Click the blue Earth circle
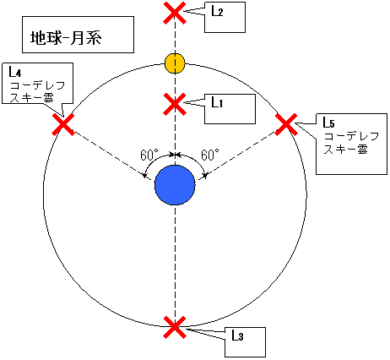pos(175,185)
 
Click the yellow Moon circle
pos(175,63)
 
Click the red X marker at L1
pos(174,104)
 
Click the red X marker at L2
pos(174,13)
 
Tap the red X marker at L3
pos(174,327)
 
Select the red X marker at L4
pos(63,125)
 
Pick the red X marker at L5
pos(286,125)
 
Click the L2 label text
pos(217,12)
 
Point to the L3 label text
pos(237,335)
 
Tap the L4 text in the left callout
pos(13,74)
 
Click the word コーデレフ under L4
pos(33,86)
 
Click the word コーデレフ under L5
pos(350,136)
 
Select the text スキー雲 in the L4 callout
pos(31,98)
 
